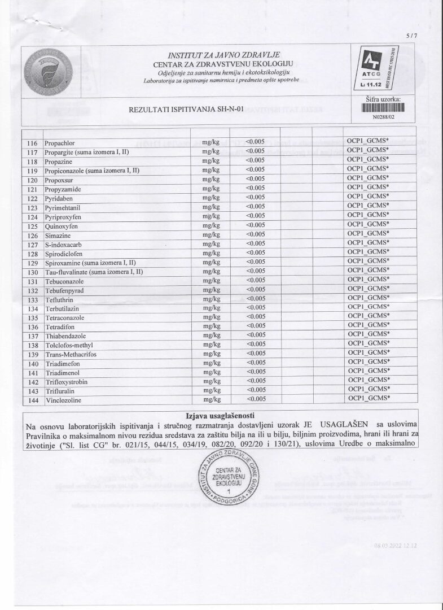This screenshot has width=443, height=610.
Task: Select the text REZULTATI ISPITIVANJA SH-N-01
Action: tap(186, 110)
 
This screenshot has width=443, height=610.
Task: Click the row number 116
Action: tap(32, 142)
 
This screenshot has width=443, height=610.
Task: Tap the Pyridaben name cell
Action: tap(58, 198)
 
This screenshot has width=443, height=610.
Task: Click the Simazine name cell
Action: tap(57, 234)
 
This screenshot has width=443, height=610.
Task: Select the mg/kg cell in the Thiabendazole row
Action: tap(210, 335)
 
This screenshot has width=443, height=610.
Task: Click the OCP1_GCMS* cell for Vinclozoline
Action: tap(369, 399)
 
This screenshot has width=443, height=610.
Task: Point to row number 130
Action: tap(32, 271)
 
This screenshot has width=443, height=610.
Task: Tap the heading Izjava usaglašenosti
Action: tap(221, 415)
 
